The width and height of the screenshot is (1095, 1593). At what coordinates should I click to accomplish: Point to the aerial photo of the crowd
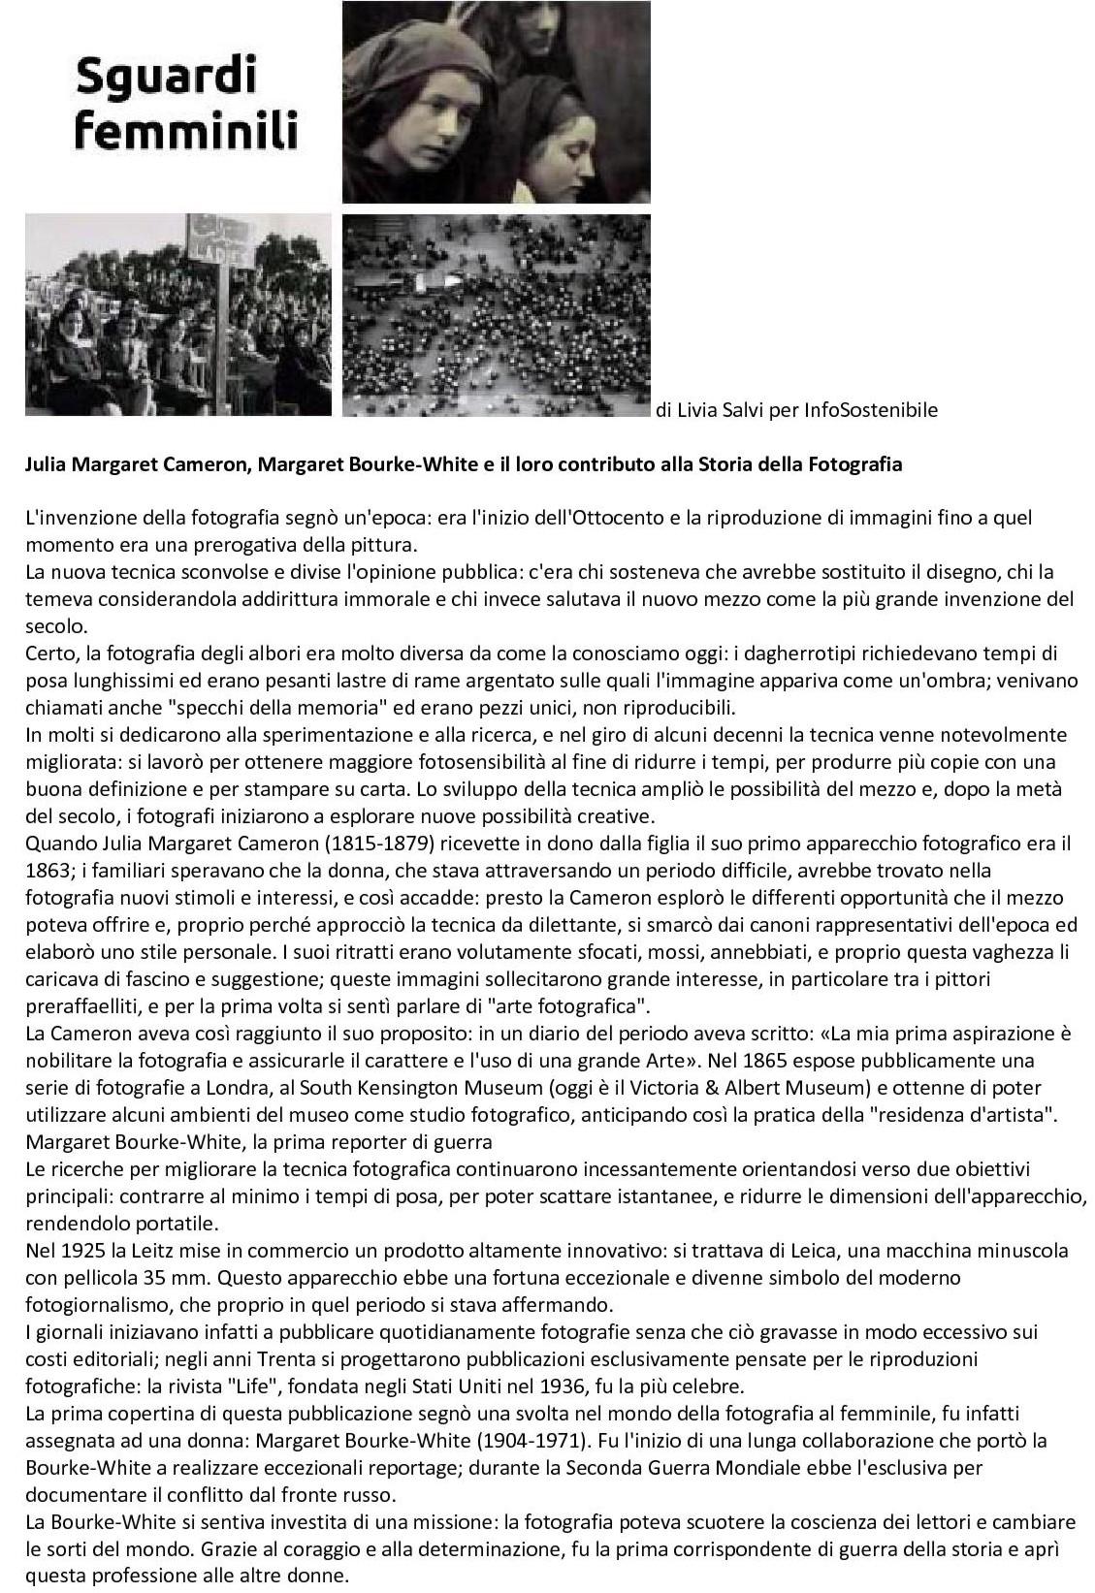click(496, 315)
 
